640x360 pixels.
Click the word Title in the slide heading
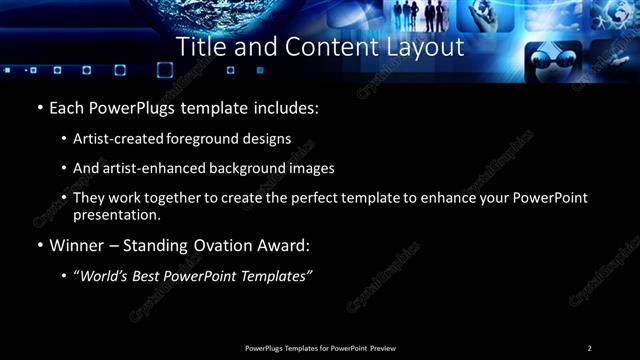pos(200,47)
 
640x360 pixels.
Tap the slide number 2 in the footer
pos(589,347)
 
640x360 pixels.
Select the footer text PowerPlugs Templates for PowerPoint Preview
pos(319,347)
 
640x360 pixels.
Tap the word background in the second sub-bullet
pos(239,168)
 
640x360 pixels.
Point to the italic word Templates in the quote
pos(272,276)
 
